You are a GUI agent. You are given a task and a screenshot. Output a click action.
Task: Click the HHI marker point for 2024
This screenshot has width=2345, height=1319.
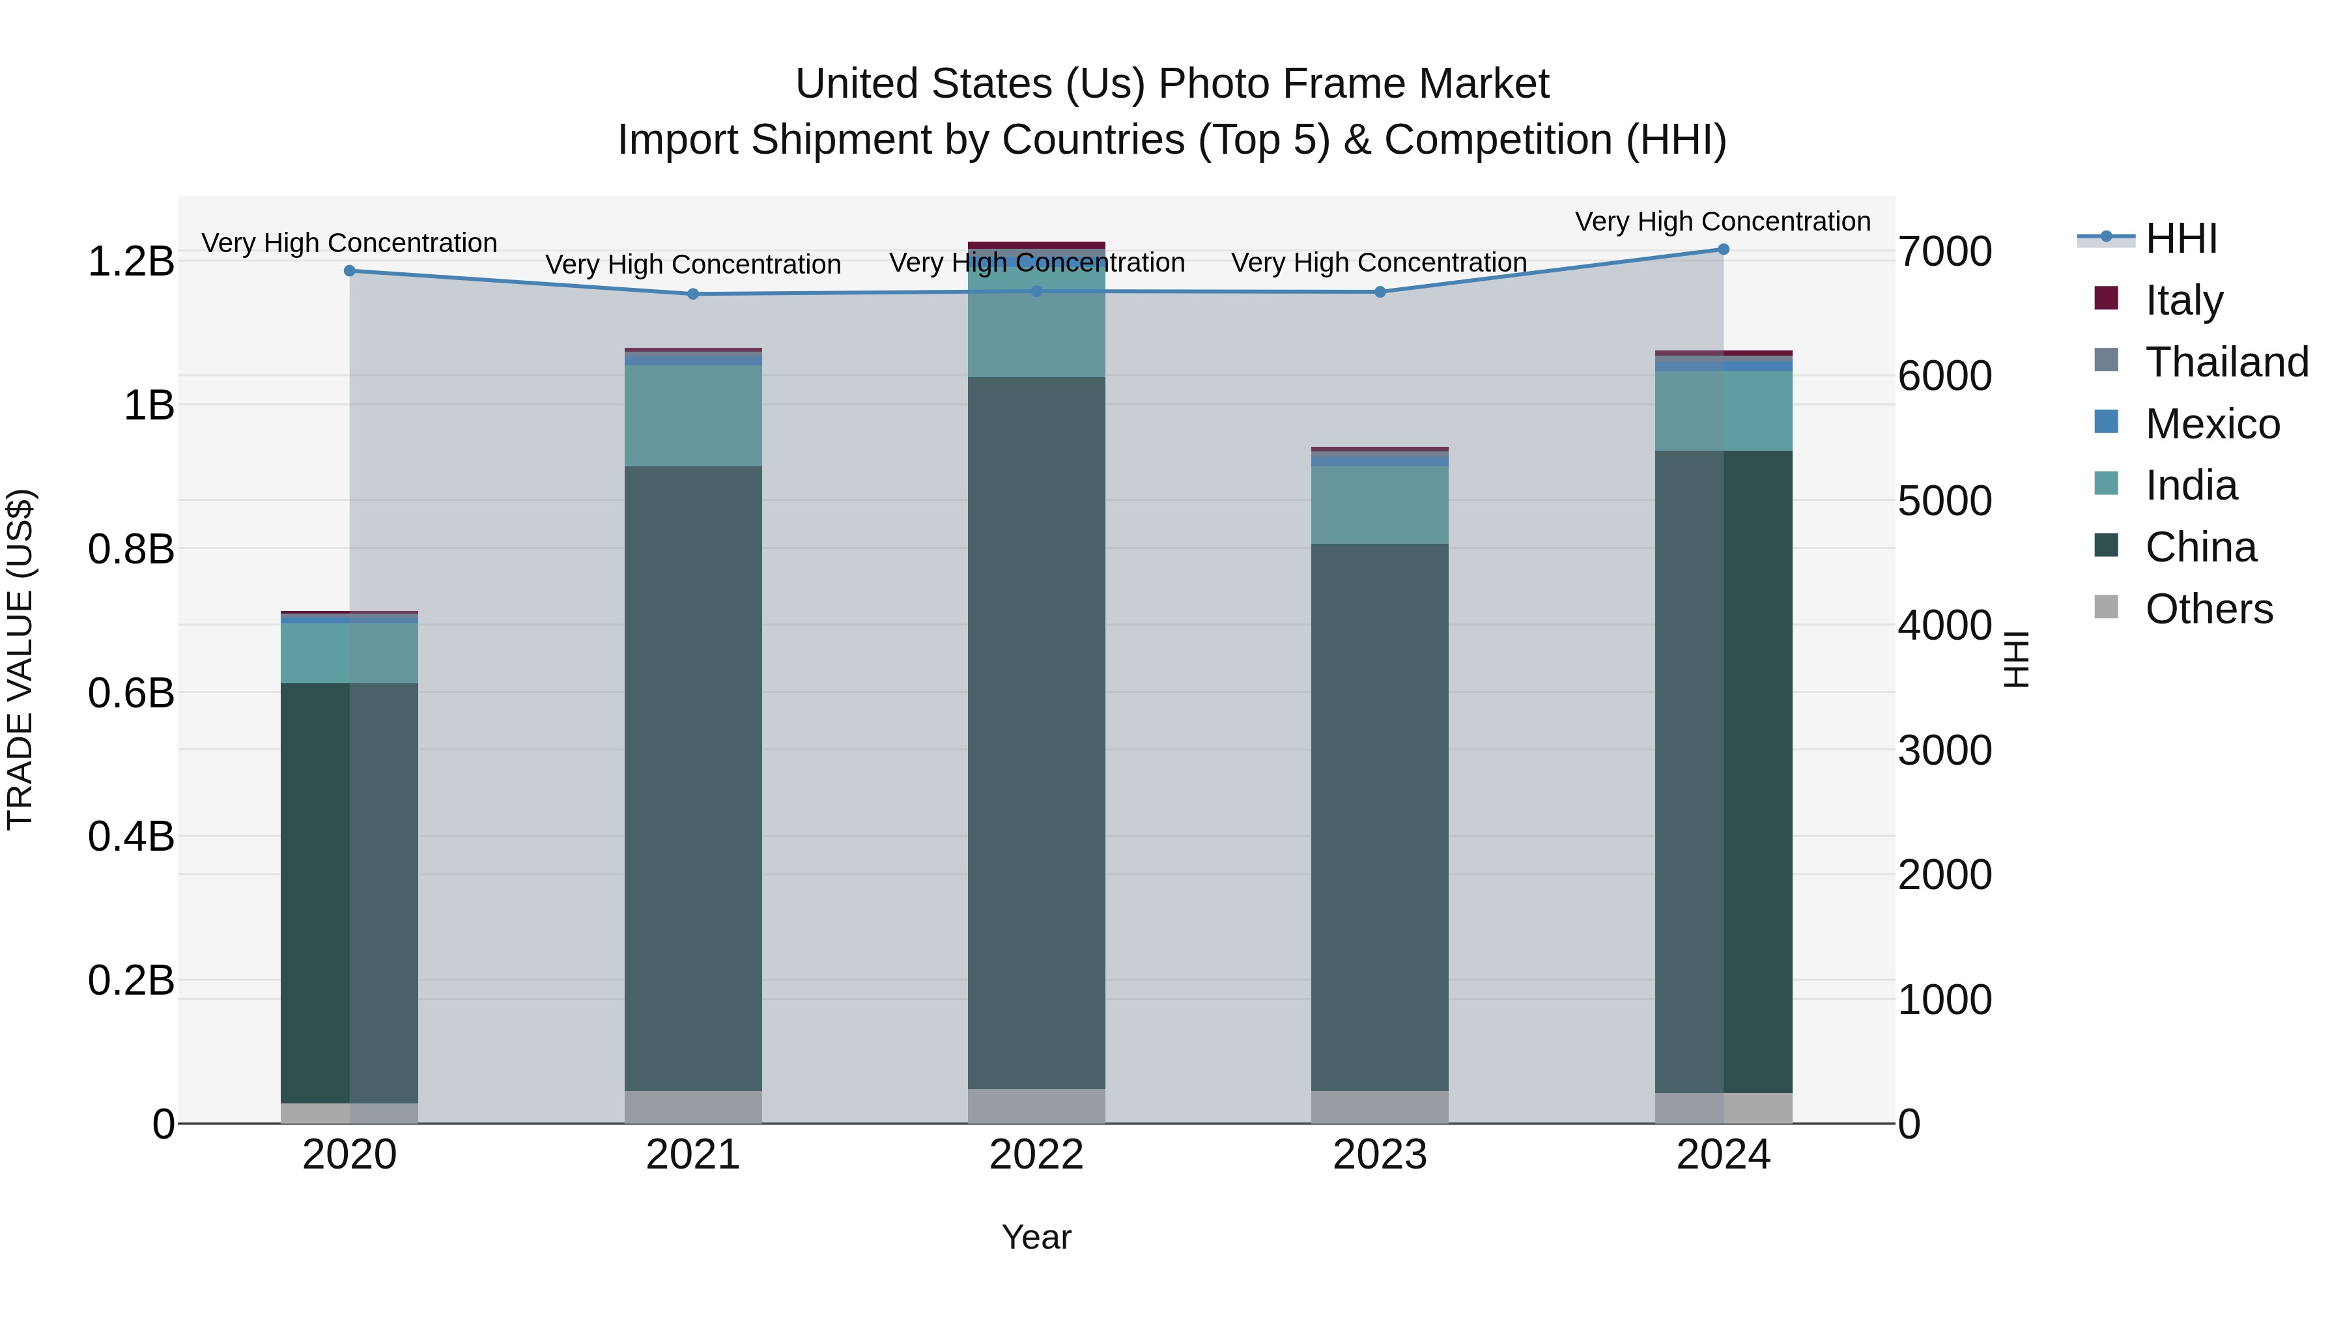[x=1722, y=249]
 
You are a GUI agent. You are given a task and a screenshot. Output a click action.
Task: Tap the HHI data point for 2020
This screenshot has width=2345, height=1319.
[x=350, y=270]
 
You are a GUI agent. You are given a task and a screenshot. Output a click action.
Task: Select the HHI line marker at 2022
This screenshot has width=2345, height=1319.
[x=1036, y=291]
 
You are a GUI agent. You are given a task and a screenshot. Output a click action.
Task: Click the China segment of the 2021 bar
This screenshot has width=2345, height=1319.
[x=693, y=778]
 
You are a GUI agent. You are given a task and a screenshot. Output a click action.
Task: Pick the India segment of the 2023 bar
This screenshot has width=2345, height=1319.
[x=1379, y=505]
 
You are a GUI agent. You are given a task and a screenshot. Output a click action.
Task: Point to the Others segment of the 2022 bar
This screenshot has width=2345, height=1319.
[x=1036, y=1106]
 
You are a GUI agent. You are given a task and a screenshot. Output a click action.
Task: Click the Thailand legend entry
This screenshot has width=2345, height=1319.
[x=2226, y=362]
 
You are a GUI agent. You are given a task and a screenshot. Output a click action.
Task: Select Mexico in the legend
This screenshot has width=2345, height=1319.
[x=2212, y=423]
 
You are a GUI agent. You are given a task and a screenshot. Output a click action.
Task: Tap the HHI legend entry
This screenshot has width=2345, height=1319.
[x=2180, y=238]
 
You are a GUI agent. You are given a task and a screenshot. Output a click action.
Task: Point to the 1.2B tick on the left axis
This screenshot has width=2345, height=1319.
[x=131, y=261]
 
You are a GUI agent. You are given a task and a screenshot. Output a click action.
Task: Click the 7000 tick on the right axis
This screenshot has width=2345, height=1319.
[x=1944, y=251]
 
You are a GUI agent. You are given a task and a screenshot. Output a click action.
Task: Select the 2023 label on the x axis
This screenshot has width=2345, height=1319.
[x=1379, y=1155]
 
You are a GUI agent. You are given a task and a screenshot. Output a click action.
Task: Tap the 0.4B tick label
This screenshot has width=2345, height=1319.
[x=131, y=836]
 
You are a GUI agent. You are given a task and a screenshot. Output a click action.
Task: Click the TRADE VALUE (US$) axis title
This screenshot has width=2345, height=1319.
[x=20, y=659]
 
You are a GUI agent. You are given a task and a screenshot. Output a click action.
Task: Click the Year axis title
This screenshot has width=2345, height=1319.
[x=1036, y=1237]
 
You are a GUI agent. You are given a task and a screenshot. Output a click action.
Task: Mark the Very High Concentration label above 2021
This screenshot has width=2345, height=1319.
[x=693, y=265]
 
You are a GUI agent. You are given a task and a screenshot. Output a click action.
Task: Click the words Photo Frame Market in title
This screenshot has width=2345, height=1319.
[x=1353, y=84]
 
